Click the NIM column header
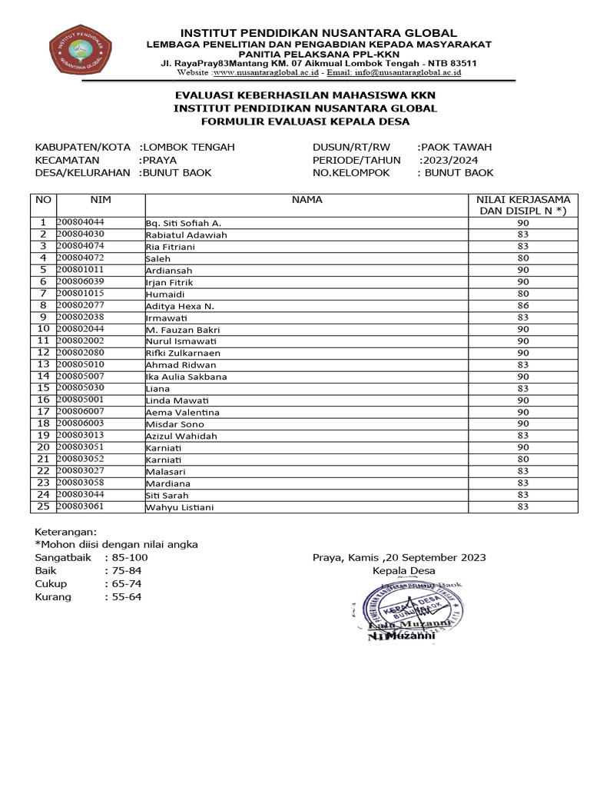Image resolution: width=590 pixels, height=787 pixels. (x=101, y=200)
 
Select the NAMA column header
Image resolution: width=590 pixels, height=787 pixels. (x=307, y=200)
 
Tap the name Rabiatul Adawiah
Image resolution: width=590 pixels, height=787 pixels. (x=187, y=234)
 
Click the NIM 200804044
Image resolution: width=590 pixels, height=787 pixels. (x=81, y=222)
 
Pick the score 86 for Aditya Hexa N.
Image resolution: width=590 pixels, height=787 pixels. (x=523, y=305)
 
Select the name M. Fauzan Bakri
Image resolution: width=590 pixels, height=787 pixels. (x=183, y=329)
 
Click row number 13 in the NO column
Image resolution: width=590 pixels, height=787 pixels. (x=43, y=364)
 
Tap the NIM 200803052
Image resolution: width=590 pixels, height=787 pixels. (x=81, y=459)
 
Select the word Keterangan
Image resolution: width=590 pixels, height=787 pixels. (x=66, y=531)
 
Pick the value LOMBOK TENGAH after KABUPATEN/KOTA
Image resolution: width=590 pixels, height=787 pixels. (x=189, y=147)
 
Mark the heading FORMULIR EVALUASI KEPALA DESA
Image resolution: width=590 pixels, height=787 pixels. (x=305, y=121)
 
